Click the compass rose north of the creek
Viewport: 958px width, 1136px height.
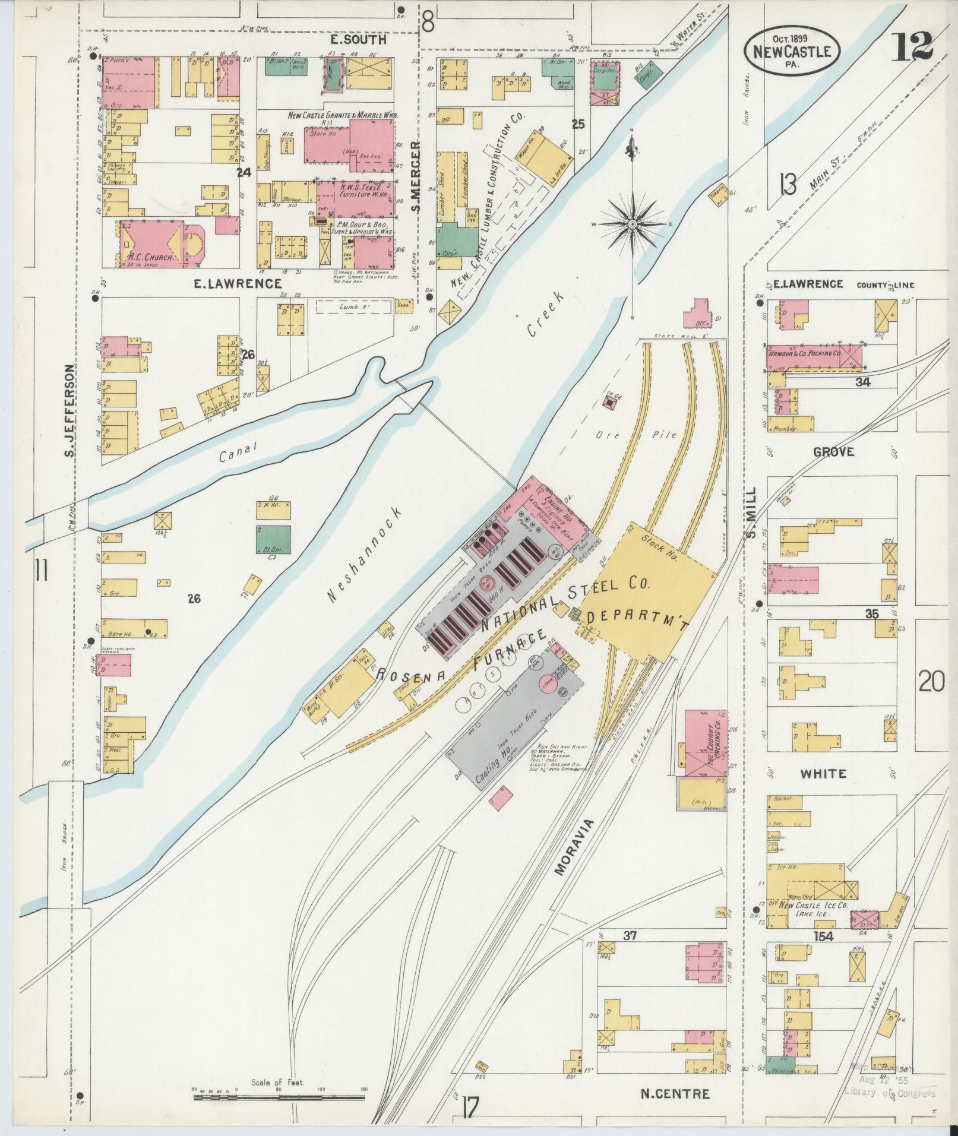[633, 224]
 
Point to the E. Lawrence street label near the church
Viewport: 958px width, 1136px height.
[238, 284]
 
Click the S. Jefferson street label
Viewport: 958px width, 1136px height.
[70, 413]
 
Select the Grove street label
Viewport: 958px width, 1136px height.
[833, 452]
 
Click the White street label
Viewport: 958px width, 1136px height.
[823, 774]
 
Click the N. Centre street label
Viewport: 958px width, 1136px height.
[675, 1093]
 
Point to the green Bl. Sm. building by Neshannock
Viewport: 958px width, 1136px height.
[274, 539]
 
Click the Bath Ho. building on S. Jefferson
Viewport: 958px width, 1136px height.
[134, 628]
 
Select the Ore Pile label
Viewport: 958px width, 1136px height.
[637, 435]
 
